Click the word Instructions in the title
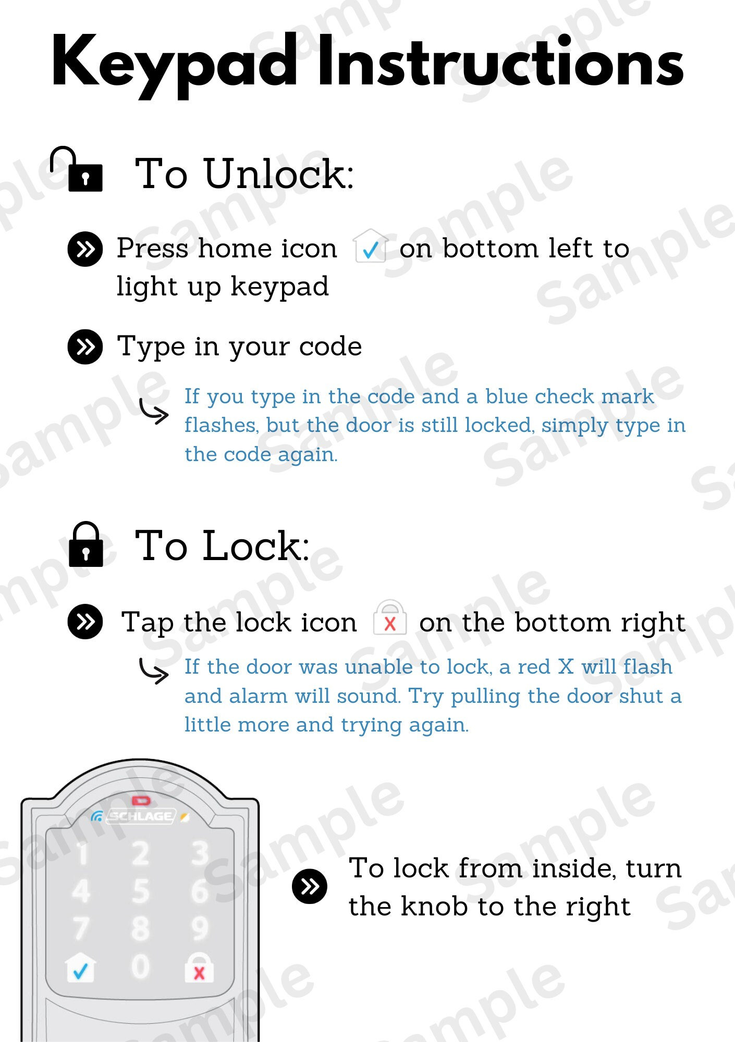point(500,63)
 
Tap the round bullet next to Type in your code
point(85,346)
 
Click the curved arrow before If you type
point(154,412)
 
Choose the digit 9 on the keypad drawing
point(200,929)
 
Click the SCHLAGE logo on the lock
point(141,816)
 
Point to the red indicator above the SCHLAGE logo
point(141,800)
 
